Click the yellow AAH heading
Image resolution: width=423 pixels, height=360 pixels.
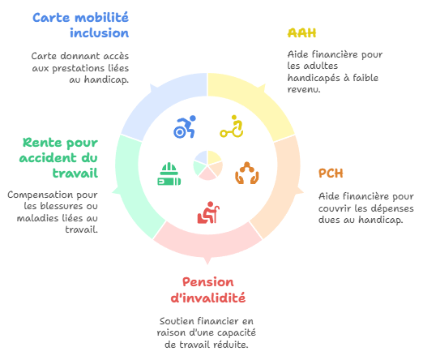pos(301,33)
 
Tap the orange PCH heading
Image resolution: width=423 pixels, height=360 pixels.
pos(331,174)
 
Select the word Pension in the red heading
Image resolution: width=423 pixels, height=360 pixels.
pos(208,282)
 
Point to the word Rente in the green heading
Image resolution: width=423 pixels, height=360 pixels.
pos(42,143)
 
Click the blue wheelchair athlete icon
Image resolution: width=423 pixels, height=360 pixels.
pos(185,126)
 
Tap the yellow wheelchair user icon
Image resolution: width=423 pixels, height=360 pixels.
pos(232,126)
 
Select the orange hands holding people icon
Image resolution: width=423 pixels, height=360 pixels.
pos(247,173)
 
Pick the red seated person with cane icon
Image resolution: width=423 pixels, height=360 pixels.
pos(208,212)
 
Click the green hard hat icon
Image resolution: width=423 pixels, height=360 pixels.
pos(169,174)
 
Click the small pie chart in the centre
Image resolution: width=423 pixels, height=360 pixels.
pos(207,165)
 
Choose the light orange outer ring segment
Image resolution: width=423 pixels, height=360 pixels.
pos(284,186)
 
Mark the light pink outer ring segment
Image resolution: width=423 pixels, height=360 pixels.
pos(207,241)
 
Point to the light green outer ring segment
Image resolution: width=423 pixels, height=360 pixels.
pos(132,186)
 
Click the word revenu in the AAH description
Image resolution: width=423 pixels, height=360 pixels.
pos(304,89)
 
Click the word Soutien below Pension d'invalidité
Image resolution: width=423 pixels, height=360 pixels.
pos(177,321)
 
